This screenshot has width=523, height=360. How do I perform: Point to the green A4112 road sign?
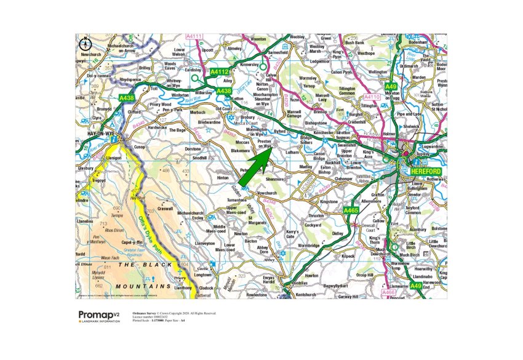[220, 73]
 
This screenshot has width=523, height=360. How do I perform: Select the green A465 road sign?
[351, 210]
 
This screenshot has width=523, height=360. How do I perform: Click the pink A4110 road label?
[372, 97]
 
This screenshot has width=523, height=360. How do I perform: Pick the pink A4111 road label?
[194, 37]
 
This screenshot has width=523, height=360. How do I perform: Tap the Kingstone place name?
[329, 201]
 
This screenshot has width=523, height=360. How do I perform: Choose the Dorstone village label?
[193, 150]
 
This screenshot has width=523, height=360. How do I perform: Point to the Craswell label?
[165, 209]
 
